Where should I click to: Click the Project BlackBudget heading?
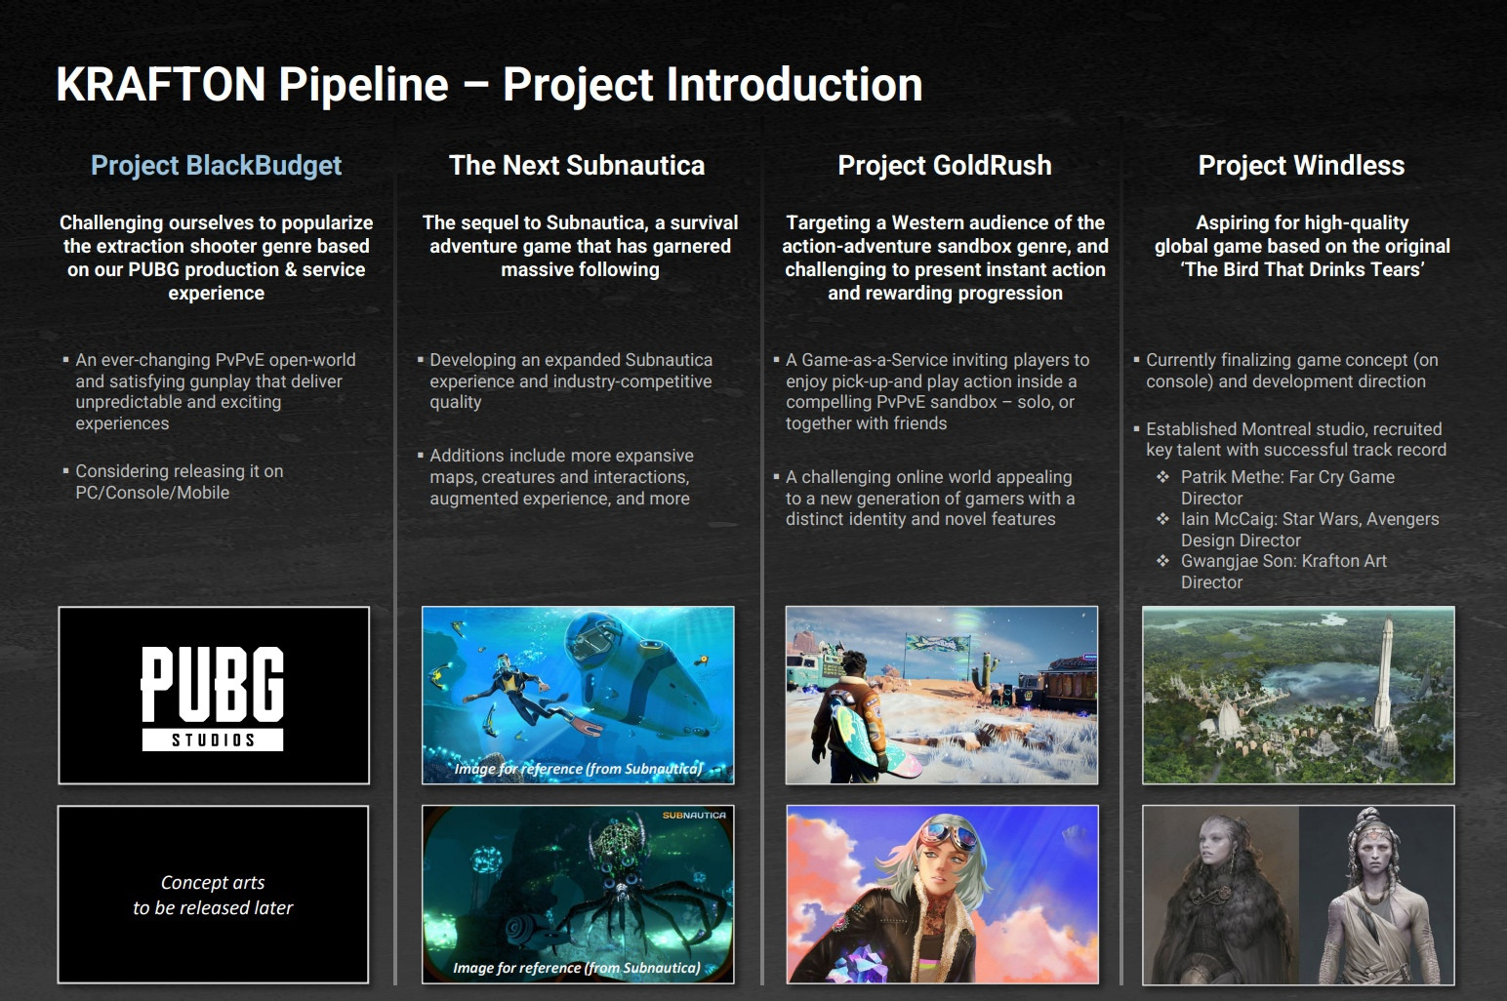tap(216, 166)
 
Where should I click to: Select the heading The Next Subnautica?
tap(577, 166)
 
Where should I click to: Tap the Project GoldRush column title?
tap(945, 166)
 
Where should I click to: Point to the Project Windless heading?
tap(1301, 166)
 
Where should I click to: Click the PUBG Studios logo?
tap(213, 699)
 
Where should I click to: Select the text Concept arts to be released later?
tap(213, 895)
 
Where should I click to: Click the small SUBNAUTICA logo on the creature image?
tap(694, 816)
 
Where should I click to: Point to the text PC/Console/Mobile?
tap(152, 493)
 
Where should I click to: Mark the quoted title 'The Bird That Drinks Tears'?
tap(1302, 269)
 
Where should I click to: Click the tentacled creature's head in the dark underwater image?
tap(618, 849)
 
